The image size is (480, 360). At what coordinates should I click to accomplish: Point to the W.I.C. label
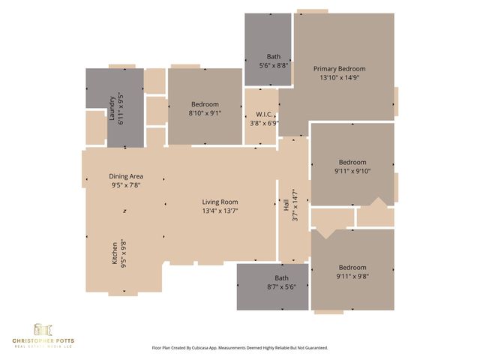[262, 115]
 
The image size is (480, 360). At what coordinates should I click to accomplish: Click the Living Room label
[220, 202]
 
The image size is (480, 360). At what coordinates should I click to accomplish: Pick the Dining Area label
[126, 176]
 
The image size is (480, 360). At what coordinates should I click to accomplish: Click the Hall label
[286, 204]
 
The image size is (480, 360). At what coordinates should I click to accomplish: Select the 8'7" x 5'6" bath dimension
[271, 286]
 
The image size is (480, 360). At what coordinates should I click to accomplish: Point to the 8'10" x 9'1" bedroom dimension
[205, 113]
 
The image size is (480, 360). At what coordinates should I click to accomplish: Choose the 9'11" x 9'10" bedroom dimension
[352, 171]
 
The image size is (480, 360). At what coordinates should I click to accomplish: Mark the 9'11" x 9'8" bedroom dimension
[352, 276]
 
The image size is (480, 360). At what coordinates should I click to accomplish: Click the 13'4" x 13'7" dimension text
[220, 211]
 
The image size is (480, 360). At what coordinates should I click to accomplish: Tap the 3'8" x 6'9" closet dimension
[262, 124]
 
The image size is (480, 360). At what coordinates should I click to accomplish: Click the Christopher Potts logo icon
[43, 330]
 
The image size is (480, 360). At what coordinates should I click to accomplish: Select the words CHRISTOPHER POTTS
[43, 341]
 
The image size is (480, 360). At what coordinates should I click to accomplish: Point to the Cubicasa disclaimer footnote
[240, 348]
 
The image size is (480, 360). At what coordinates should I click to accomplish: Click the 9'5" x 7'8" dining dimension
[126, 185]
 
